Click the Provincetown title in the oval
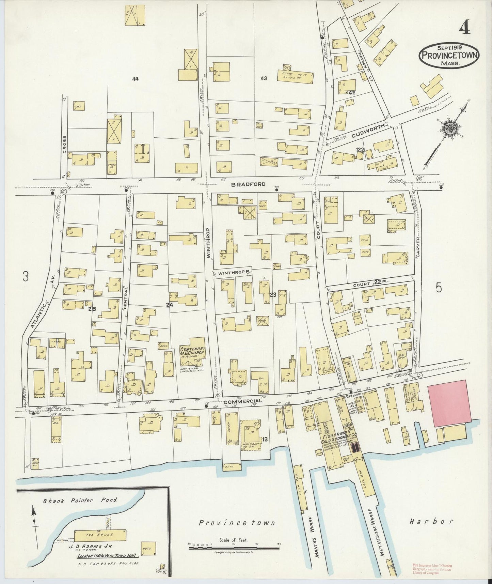449,56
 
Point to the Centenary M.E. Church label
192,352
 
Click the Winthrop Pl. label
232,273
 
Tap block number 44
135,79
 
